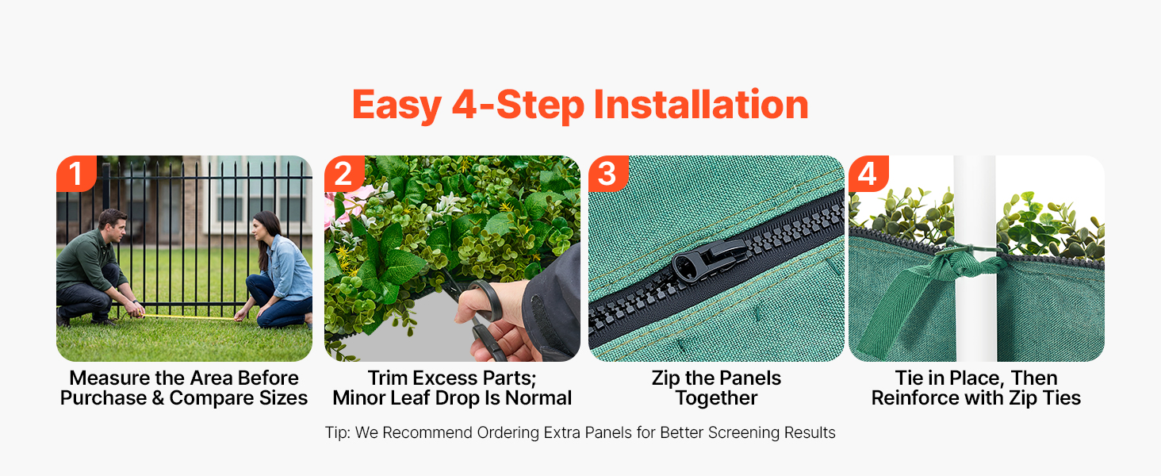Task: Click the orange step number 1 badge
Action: coord(76,174)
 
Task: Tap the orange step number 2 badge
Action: coord(344,174)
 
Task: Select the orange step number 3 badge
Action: coord(608,174)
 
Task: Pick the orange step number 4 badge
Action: coord(868,174)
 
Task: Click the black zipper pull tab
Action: coord(708,259)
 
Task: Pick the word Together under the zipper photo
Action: coord(716,399)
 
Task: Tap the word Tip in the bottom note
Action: coord(336,433)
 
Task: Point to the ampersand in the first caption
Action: coord(158,398)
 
